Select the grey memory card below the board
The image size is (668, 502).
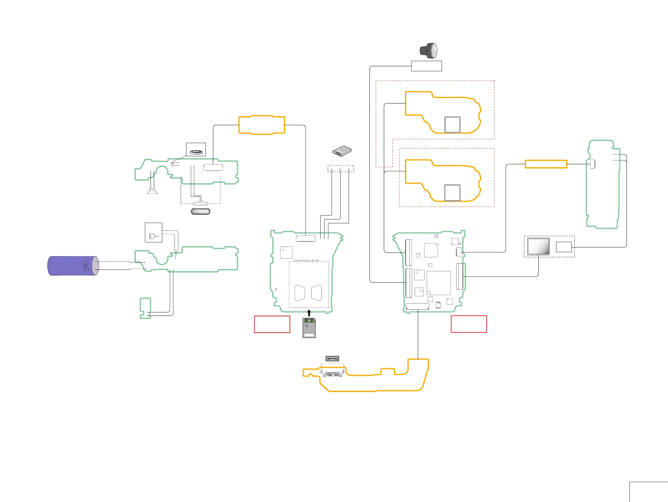[x=309, y=328]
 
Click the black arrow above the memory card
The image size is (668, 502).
[x=309, y=313]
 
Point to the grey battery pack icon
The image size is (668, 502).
[x=342, y=151]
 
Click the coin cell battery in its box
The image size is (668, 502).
[x=196, y=152]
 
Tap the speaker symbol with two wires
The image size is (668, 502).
[x=152, y=190]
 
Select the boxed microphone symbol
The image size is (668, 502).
[x=153, y=233]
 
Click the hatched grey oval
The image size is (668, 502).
[x=200, y=211]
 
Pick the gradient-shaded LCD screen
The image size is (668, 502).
[x=539, y=246]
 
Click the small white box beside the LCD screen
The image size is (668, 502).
[x=564, y=247]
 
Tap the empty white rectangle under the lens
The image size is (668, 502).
[x=426, y=66]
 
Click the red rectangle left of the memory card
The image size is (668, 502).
[x=272, y=324]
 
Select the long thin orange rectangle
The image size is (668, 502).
[x=546, y=164]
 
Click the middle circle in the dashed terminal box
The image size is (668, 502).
[x=340, y=170]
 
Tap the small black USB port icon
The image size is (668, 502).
[x=332, y=359]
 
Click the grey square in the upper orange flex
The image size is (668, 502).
[x=452, y=124]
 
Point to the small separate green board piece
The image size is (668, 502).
[x=145, y=308]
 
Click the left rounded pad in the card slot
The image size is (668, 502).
[x=300, y=292]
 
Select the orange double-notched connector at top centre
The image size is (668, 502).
[x=262, y=125]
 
